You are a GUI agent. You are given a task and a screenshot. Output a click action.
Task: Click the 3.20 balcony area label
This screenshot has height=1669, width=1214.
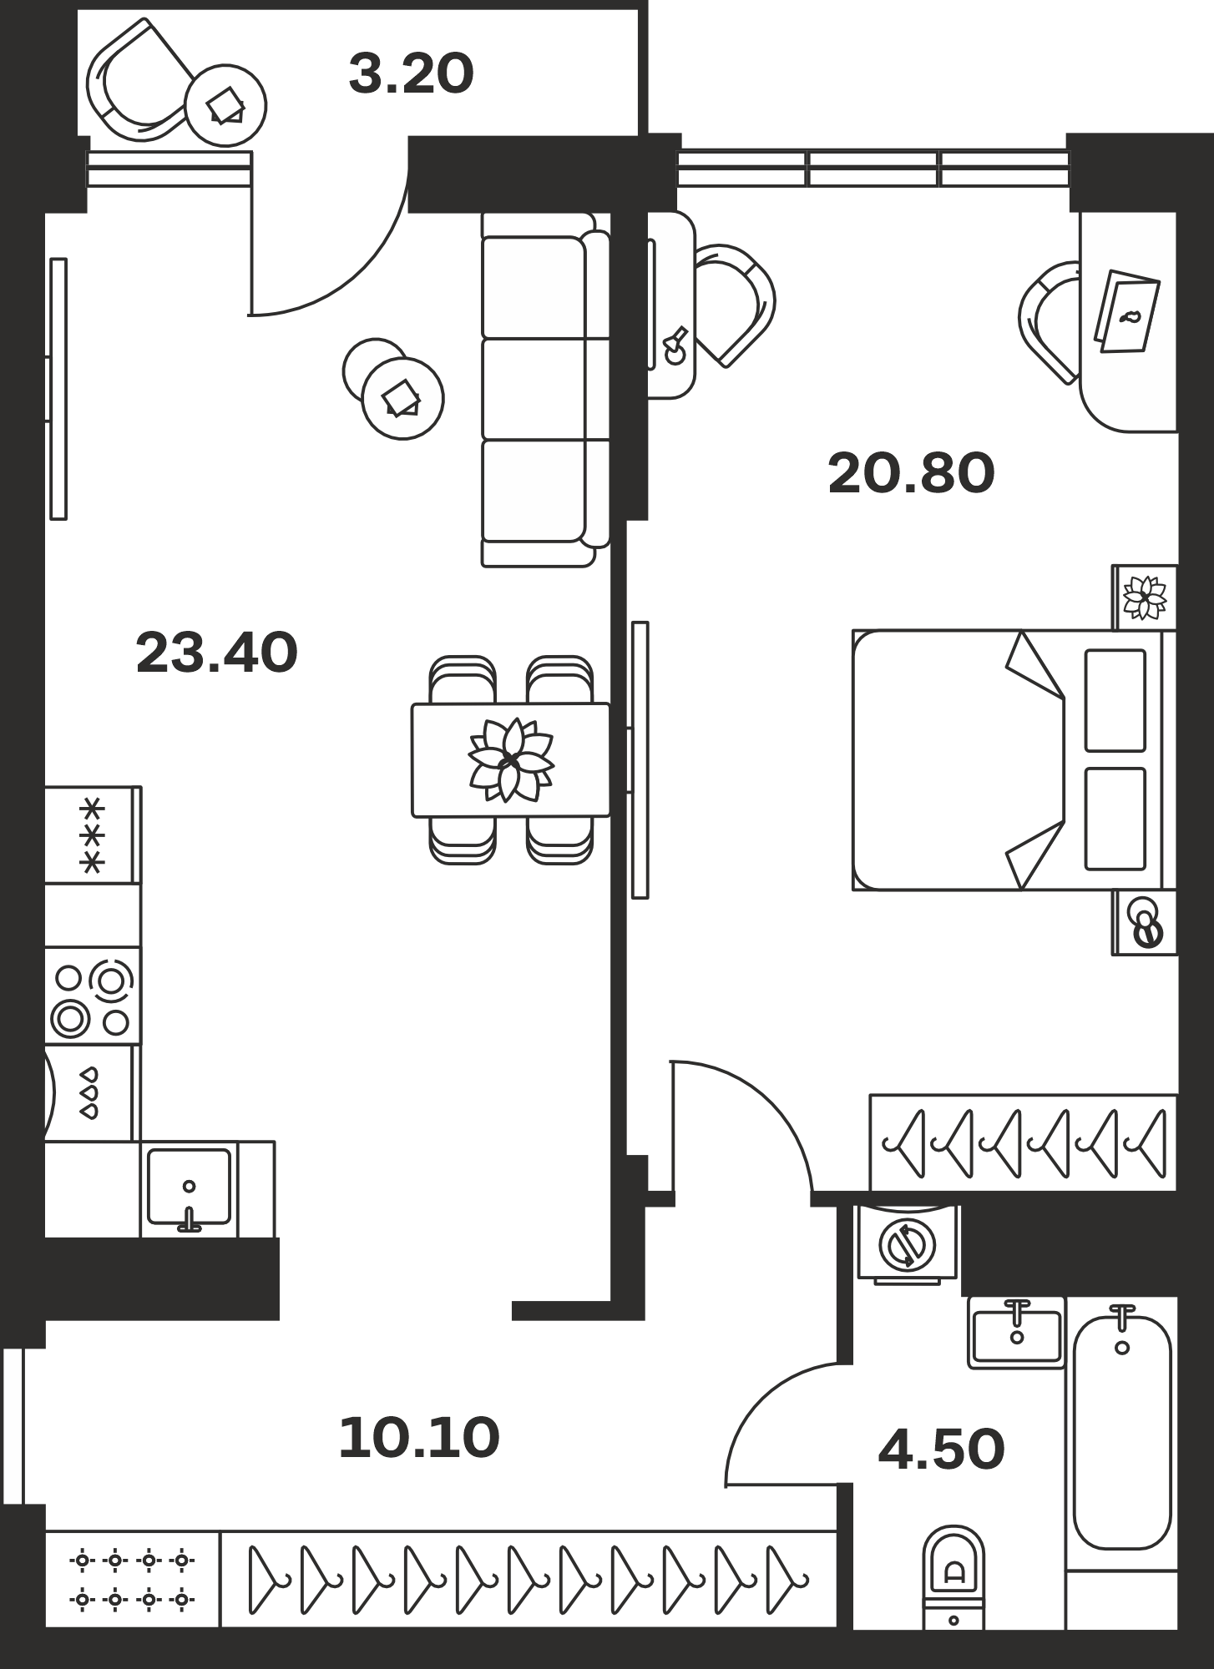(411, 73)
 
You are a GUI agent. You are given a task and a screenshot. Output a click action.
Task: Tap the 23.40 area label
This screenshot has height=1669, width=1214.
(216, 653)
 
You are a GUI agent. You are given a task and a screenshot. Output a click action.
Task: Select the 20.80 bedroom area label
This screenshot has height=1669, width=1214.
(911, 473)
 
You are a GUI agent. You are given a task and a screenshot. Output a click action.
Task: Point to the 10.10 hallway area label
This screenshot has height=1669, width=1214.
(419, 1439)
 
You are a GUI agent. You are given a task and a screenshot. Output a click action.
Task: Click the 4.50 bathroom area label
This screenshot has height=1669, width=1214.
(941, 1450)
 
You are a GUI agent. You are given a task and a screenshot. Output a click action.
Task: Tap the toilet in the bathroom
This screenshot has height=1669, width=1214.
(953, 1578)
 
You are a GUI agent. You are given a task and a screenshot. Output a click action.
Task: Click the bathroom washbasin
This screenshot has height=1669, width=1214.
(1016, 1333)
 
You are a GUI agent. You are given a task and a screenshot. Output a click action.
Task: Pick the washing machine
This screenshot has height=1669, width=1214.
(908, 1243)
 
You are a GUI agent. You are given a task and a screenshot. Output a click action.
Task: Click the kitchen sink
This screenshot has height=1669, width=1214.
(190, 1188)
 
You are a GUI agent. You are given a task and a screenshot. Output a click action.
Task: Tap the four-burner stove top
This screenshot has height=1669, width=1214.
(92, 995)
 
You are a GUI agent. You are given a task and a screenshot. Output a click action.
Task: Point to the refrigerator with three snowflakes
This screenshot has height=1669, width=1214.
(92, 834)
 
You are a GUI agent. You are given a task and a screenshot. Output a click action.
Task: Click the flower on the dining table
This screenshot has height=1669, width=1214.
(509, 759)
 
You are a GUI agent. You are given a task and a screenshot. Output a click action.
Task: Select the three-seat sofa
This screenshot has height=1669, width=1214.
(546, 390)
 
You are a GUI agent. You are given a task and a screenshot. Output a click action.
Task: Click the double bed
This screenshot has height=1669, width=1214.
(1014, 760)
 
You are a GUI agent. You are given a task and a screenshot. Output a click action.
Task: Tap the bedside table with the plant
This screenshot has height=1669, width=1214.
(1144, 598)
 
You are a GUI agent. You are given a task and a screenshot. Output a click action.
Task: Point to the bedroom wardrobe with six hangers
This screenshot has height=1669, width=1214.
(1023, 1142)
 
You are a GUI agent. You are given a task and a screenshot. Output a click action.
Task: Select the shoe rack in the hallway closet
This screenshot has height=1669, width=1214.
(132, 1578)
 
